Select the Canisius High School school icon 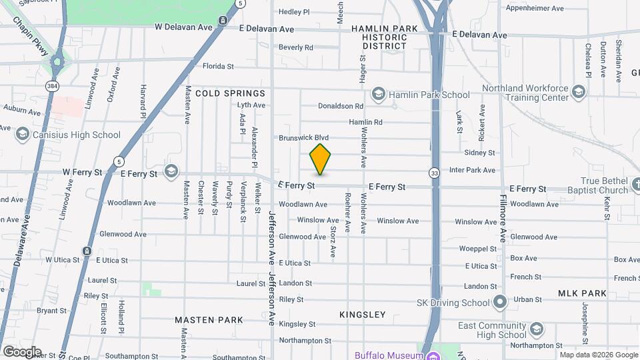pos(22,135)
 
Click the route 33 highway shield pos(434,172)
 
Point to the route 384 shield pos(51,86)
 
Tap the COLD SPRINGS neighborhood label pos(230,94)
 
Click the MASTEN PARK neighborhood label pos(209,320)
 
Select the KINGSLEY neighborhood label pos(362,315)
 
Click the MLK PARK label pos(584,293)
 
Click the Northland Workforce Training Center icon pos(578,92)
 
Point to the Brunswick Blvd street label pos(304,138)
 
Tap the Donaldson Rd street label pos(340,106)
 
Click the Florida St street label pos(218,66)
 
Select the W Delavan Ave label pos(183,27)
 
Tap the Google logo pos(22,351)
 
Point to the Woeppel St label pos(478,249)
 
